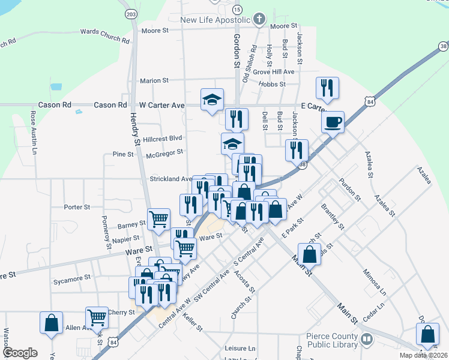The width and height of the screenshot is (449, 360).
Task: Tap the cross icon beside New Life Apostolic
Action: point(259,19)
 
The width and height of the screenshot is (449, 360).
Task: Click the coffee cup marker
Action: point(332,123)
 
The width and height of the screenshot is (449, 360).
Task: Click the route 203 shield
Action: point(131,13)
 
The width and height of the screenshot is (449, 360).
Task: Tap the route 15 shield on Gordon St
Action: point(237,9)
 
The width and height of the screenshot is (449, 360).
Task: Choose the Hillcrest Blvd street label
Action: point(163,137)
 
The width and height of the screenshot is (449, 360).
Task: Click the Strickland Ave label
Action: point(170,179)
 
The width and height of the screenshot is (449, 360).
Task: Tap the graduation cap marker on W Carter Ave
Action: point(212,100)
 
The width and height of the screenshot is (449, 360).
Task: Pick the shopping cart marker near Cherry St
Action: point(97,318)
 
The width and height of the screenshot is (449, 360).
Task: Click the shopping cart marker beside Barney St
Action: point(158,219)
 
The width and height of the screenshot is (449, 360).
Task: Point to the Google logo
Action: point(20,353)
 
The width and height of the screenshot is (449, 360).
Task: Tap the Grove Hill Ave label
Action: point(274,71)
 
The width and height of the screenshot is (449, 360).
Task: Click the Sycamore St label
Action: point(71,278)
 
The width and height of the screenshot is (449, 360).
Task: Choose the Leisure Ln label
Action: point(240,348)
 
